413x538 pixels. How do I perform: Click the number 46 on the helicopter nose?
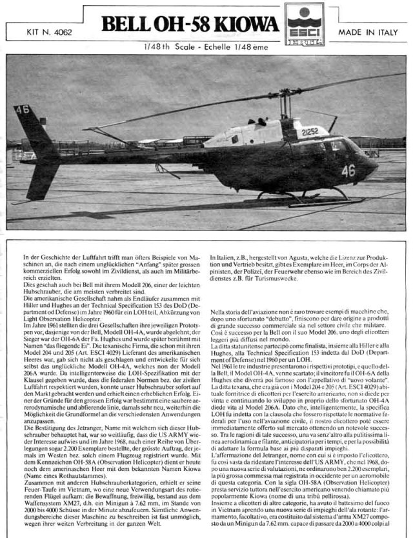point(349,171)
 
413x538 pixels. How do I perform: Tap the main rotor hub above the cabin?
point(284,97)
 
